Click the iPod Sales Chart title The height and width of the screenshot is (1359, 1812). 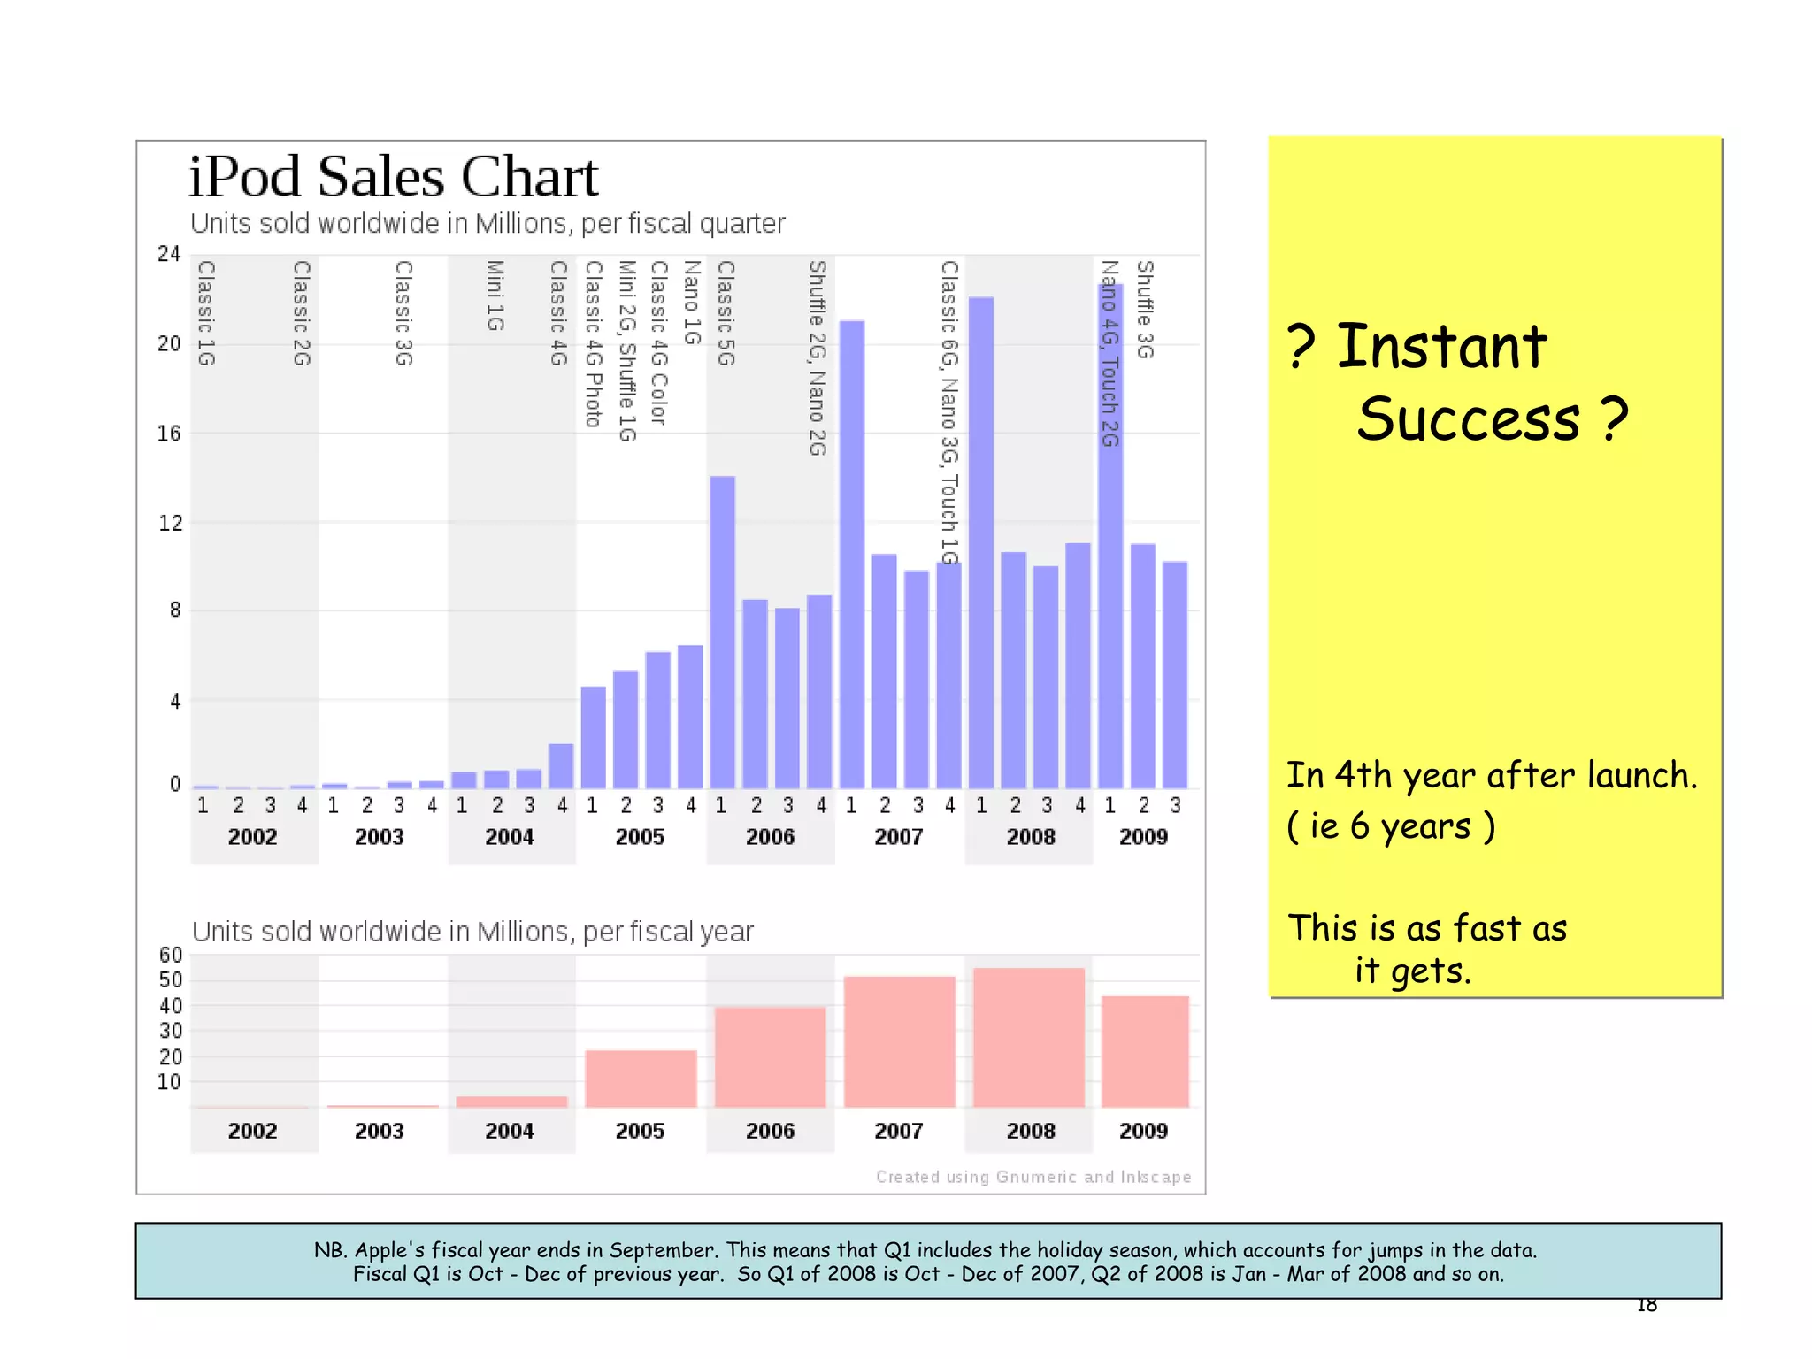click(x=394, y=177)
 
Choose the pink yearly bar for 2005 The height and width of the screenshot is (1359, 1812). click(x=641, y=1079)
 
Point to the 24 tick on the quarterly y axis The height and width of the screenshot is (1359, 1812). click(x=169, y=255)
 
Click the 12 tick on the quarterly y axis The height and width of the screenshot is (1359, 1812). click(x=170, y=523)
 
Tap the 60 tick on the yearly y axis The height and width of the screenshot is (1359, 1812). click(x=171, y=956)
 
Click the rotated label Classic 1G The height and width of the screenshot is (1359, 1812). click(x=206, y=313)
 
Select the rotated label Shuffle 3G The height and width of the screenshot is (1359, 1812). click(x=1145, y=310)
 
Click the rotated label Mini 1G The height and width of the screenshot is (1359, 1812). click(x=495, y=296)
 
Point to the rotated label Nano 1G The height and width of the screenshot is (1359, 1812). click(x=692, y=303)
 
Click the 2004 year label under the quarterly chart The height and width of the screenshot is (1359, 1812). click(x=510, y=837)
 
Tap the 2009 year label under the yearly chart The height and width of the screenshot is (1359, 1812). click(x=1143, y=1131)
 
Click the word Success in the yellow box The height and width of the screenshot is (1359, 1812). click(x=1468, y=419)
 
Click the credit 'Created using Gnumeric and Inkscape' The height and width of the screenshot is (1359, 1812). click(x=1033, y=1177)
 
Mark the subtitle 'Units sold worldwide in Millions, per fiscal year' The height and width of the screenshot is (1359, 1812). click(x=472, y=932)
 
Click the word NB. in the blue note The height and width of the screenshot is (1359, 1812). click(x=331, y=1250)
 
